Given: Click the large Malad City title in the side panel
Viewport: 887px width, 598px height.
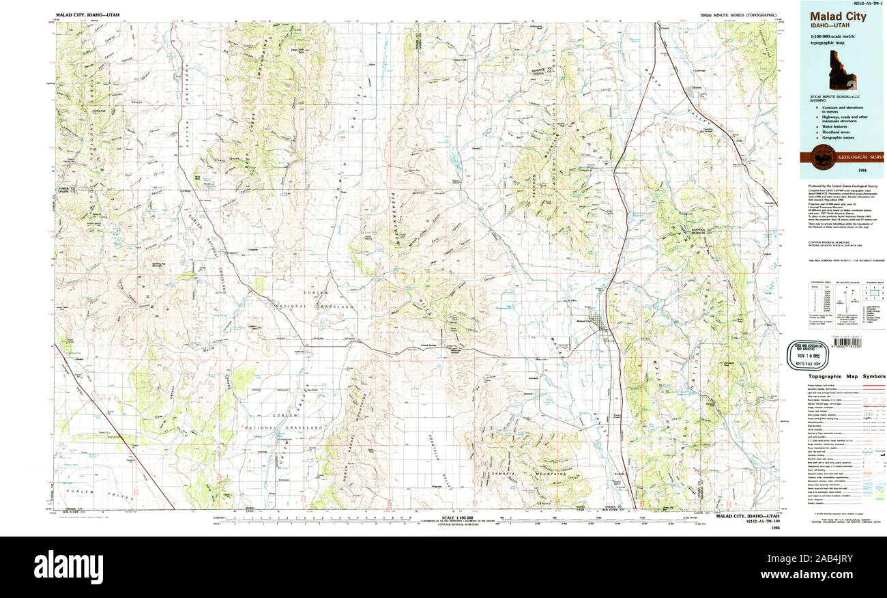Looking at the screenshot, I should (838, 16).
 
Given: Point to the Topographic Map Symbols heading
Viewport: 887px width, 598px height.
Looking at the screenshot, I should (846, 376).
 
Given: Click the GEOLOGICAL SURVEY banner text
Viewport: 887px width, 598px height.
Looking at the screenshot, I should (860, 156).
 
